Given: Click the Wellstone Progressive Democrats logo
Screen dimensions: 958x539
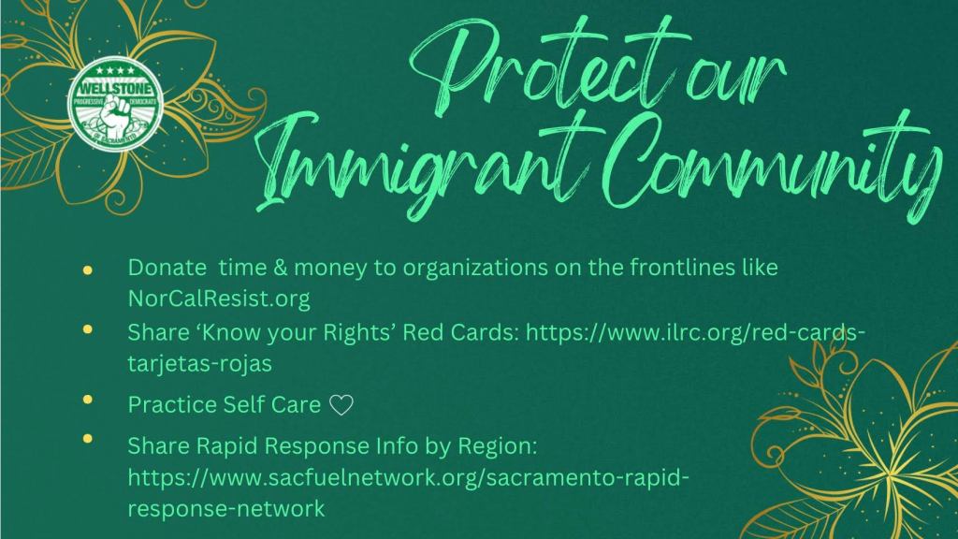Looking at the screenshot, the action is pyautogui.click(x=115, y=104).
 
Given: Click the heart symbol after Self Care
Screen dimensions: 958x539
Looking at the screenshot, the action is pyautogui.click(x=341, y=405).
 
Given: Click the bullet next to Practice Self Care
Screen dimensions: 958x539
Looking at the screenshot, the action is pyautogui.click(x=87, y=400).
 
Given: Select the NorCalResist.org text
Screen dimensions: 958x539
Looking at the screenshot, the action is pyautogui.click(x=219, y=299).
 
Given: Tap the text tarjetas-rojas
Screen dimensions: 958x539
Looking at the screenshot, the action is pyautogui.click(x=200, y=363).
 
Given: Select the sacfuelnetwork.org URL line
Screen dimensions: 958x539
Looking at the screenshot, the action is pyautogui.click(x=408, y=477).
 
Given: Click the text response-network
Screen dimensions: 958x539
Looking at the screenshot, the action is pyautogui.click(x=226, y=508).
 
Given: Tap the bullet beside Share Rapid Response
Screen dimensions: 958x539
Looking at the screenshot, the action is pyautogui.click(x=87, y=438).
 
